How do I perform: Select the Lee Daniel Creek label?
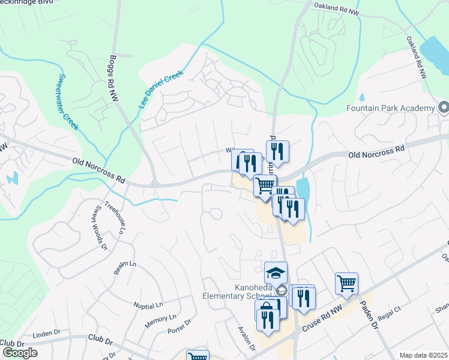click(160, 89)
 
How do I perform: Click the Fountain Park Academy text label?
click(390, 108)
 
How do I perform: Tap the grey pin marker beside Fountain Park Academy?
click(443, 108)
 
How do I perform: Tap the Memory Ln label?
click(160, 321)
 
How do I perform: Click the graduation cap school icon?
click(276, 273)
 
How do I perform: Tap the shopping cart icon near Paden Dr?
click(347, 283)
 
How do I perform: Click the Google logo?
click(20, 353)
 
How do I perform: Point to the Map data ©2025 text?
click(423, 355)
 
